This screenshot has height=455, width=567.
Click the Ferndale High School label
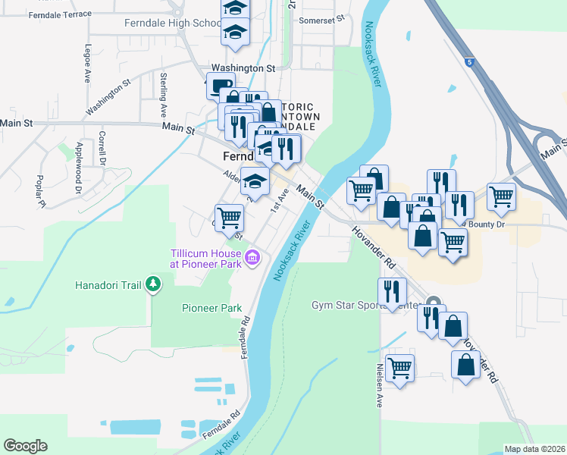click(173, 23)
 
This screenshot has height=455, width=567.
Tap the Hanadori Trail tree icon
click(154, 284)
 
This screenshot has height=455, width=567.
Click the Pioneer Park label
click(211, 308)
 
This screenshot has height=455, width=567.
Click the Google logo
click(25, 446)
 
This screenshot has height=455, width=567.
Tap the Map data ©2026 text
click(535, 449)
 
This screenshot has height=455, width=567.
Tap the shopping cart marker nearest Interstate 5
click(502, 196)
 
